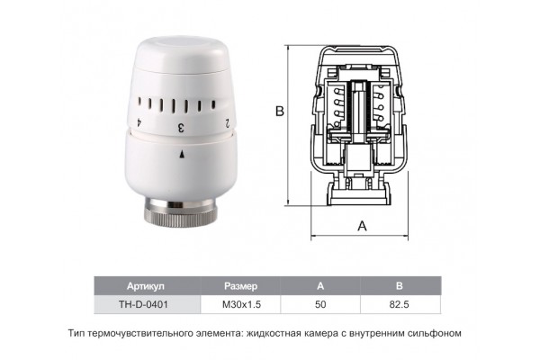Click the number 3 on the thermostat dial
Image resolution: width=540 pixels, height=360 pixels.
181,128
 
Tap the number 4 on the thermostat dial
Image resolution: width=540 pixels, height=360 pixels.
139,123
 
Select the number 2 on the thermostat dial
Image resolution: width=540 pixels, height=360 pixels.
228,123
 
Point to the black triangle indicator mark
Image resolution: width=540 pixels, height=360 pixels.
182,154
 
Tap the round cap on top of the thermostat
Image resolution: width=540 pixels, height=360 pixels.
182,55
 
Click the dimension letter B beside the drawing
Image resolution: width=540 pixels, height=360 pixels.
280,112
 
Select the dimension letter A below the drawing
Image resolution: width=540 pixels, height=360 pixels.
363,226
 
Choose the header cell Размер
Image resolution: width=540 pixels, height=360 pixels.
240,286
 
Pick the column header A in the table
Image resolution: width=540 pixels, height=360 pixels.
320,286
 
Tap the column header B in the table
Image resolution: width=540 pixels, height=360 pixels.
400,286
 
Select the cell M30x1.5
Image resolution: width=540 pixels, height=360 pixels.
240,304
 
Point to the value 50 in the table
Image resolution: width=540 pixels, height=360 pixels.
320,304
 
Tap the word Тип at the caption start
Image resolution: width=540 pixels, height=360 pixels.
76,334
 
